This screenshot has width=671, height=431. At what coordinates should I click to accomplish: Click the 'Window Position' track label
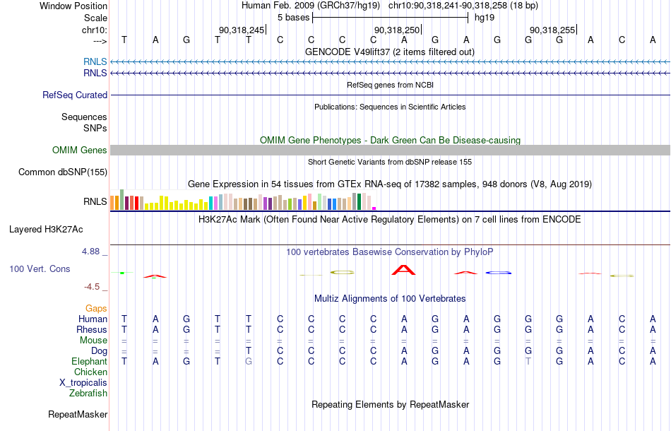click(x=73, y=6)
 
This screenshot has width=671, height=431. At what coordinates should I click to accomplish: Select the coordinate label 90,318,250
click(x=397, y=30)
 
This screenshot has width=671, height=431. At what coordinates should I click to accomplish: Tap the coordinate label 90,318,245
click(x=242, y=30)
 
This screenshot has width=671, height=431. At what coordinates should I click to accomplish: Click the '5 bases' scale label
click(x=293, y=18)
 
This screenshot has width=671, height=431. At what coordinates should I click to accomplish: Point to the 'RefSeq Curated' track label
click(x=75, y=95)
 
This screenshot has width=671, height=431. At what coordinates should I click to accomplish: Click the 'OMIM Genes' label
click(x=80, y=150)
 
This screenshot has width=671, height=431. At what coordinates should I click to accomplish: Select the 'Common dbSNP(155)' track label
click(x=63, y=172)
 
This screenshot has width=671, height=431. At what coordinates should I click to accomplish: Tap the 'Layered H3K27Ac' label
click(x=46, y=230)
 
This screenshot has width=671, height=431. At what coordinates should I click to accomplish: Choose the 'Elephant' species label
click(x=89, y=362)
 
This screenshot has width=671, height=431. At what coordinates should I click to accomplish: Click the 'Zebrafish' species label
click(x=88, y=394)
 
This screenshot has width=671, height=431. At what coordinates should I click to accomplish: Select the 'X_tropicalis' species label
click(x=83, y=383)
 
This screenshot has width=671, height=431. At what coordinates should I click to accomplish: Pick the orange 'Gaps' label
click(x=96, y=309)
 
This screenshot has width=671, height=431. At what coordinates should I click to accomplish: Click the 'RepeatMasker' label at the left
click(x=78, y=414)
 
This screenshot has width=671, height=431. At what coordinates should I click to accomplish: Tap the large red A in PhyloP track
click(x=403, y=270)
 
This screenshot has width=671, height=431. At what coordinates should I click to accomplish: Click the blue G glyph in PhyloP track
click(x=499, y=273)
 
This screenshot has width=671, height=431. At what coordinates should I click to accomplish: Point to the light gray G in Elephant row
click(x=249, y=362)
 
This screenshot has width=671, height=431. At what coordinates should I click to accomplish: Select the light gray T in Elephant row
click(x=528, y=362)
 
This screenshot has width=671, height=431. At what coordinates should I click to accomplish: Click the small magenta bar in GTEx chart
click(x=374, y=208)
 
